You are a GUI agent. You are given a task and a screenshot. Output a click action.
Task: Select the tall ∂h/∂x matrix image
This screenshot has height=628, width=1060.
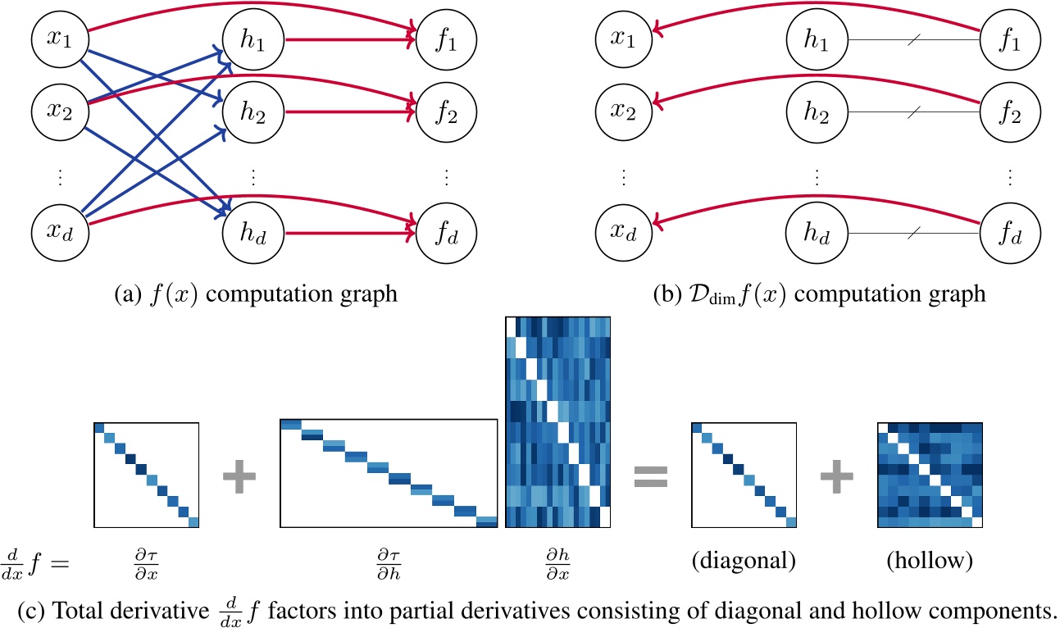point(558,423)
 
